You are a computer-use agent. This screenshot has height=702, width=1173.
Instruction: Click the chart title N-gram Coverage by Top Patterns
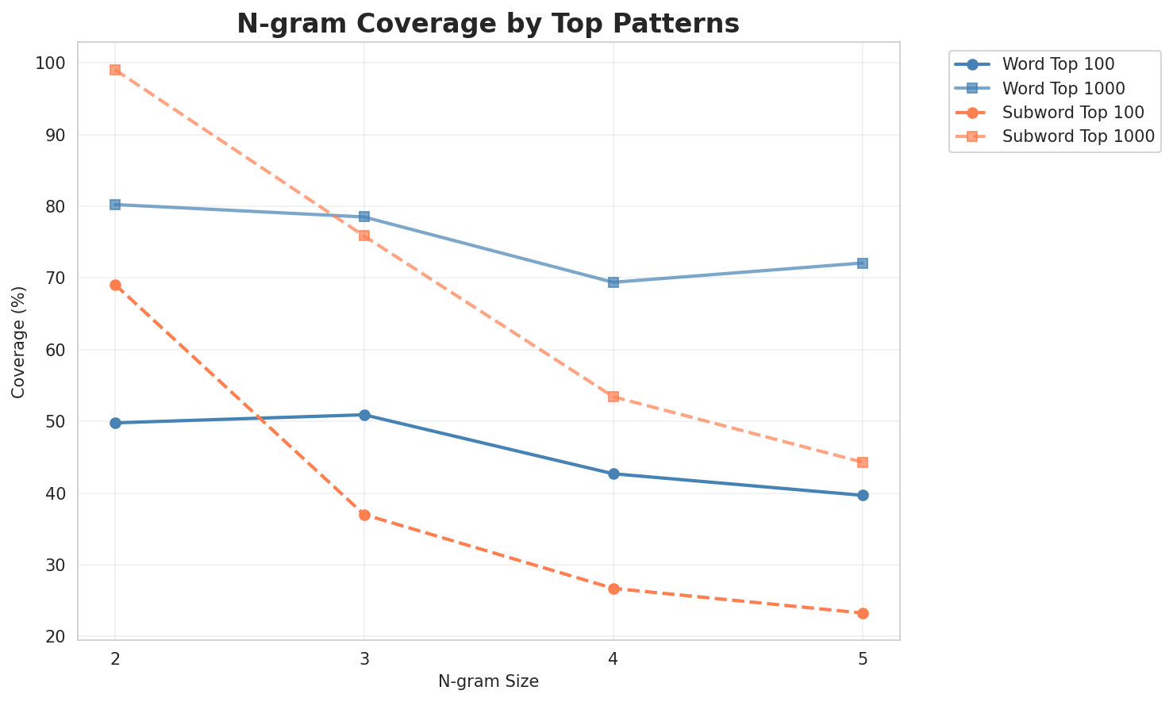(x=488, y=24)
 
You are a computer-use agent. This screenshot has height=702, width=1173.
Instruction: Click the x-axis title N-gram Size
(x=488, y=681)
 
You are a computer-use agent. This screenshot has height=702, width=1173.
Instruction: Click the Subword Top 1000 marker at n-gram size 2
(x=115, y=70)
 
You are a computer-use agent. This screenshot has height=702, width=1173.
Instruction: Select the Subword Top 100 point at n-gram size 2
(x=115, y=285)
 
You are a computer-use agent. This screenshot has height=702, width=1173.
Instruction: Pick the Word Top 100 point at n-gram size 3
(x=364, y=415)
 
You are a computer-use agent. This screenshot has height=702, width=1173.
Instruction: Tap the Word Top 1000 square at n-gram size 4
(x=613, y=282)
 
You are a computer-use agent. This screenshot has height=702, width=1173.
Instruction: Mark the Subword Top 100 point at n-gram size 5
(x=863, y=613)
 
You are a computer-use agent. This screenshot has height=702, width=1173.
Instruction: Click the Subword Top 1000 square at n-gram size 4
(x=613, y=397)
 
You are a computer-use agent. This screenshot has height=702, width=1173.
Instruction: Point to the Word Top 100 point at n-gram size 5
(x=863, y=495)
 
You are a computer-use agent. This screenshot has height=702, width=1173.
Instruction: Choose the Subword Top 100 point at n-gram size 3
(x=364, y=515)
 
